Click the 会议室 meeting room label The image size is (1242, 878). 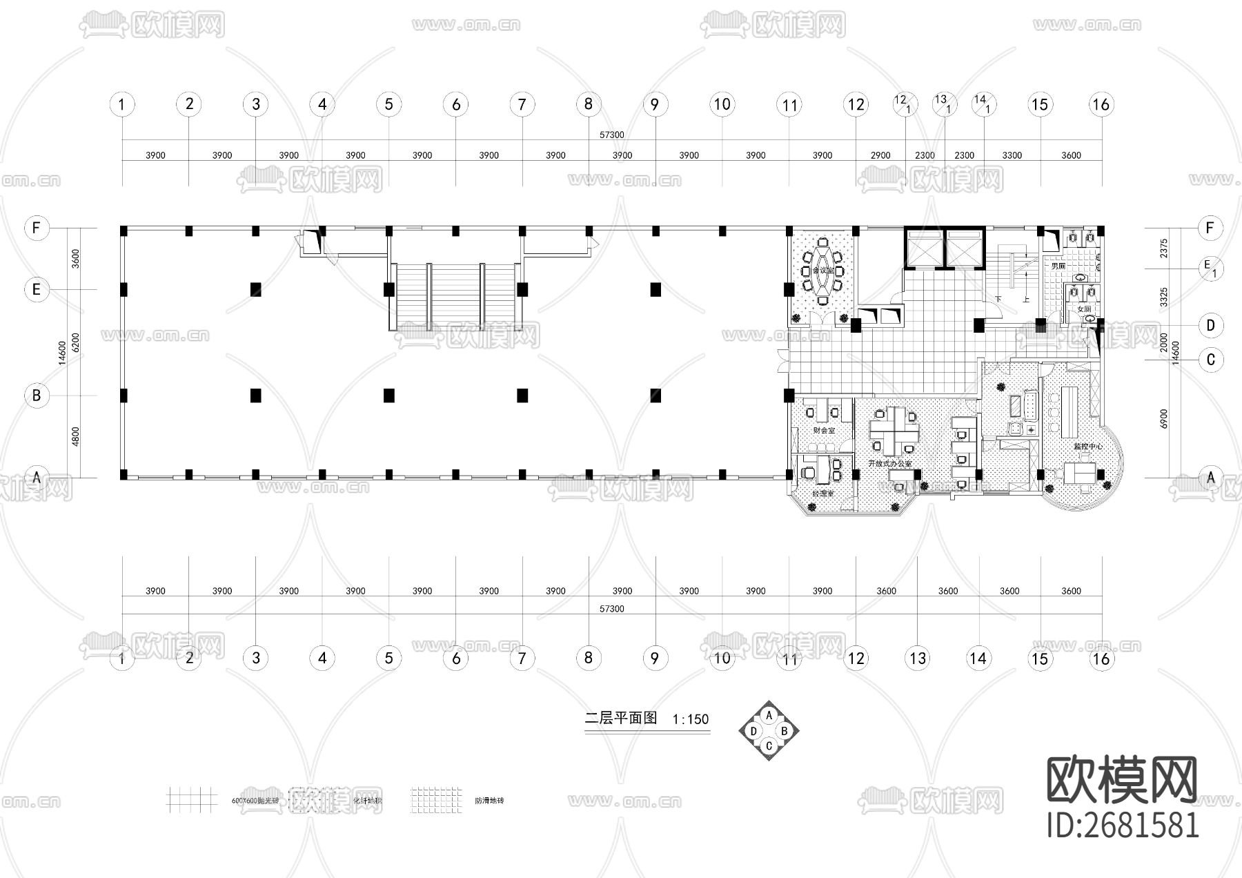pos(823,271)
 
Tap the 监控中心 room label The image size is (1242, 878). pos(1087,447)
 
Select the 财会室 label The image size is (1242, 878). pos(824,430)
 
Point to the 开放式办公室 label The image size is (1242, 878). pos(890,463)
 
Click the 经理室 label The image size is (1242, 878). pos(822,494)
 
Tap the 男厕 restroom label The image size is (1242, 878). pos(1058,266)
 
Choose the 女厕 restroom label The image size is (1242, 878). pos(1084,310)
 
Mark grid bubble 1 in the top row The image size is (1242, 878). pos(122,105)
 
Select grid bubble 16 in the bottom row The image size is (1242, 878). pos(1101,658)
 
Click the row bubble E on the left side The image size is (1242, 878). pos(37,289)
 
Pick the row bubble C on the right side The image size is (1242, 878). pos(1210,360)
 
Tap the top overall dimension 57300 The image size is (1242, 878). pos(611,135)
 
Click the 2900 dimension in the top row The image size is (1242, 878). pos(880,155)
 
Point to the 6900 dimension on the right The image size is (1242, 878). pos(1164,418)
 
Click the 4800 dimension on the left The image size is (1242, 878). pos(76,436)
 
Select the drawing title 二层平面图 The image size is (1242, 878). pos(621,718)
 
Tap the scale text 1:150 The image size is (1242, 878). pos(691,719)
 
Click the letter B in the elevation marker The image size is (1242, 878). pos(784,731)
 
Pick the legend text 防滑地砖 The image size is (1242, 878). pos(489,801)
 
